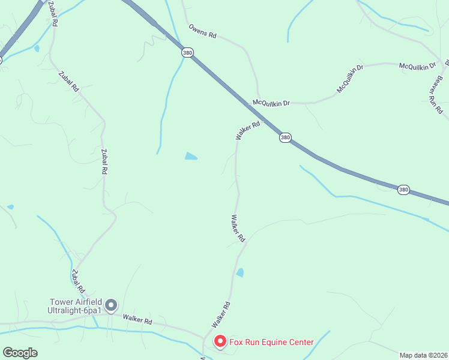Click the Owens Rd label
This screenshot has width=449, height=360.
pyautogui.click(x=202, y=31)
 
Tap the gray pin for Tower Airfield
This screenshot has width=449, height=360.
pyautogui.click(x=111, y=306)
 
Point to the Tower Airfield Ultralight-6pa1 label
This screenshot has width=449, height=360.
pyautogui.click(x=75, y=306)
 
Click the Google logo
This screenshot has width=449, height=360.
pyautogui.click(x=20, y=353)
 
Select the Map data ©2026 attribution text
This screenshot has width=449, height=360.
pyautogui.click(x=424, y=355)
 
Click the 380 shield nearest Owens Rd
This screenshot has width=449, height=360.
pyautogui.click(x=188, y=53)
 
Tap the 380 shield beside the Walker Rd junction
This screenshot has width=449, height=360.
pyautogui.click(x=285, y=137)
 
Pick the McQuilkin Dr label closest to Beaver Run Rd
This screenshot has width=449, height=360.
pyautogui.click(x=418, y=65)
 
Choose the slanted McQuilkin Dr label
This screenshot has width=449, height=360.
pyautogui.click(x=351, y=80)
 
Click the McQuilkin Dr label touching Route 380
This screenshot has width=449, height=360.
pyautogui.click(x=271, y=103)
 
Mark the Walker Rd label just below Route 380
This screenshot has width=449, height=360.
pyautogui.click(x=248, y=131)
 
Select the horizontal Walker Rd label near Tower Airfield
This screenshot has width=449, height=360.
pyautogui.click(x=137, y=320)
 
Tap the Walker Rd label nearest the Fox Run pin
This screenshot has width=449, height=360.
pyautogui.click(x=221, y=315)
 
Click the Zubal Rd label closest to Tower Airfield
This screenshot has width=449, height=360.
pyautogui.click(x=76, y=281)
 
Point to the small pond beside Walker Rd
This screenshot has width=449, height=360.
pyautogui.click(x=240, y=272)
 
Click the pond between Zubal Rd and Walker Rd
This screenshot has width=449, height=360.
pyautogui.click(x=191, y=157)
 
